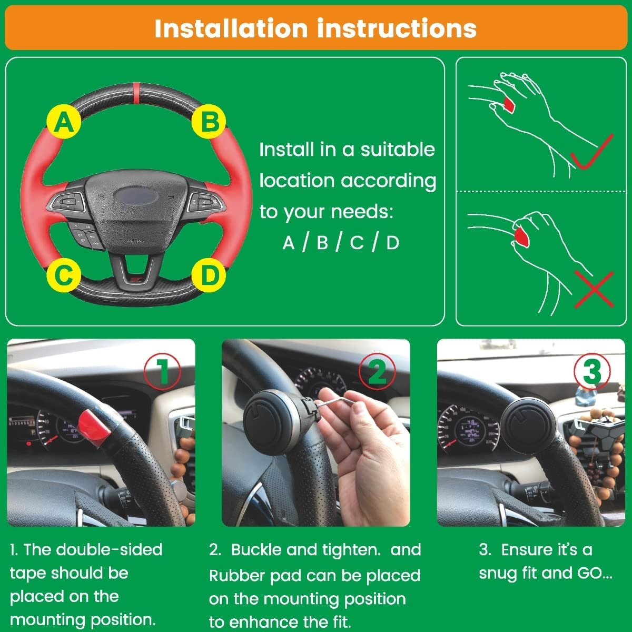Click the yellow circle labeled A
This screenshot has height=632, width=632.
coord(64,123)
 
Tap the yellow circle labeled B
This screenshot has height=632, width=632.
coord(209,122)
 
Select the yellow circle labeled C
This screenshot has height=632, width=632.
coord(64,275)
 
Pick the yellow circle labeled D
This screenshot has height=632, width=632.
coord(209,275)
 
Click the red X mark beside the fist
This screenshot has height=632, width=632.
coord(594,289)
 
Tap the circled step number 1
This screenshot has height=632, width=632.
coord(162,371)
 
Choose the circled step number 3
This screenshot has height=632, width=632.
coord(592,371)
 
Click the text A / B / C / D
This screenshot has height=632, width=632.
coord(341,243)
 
